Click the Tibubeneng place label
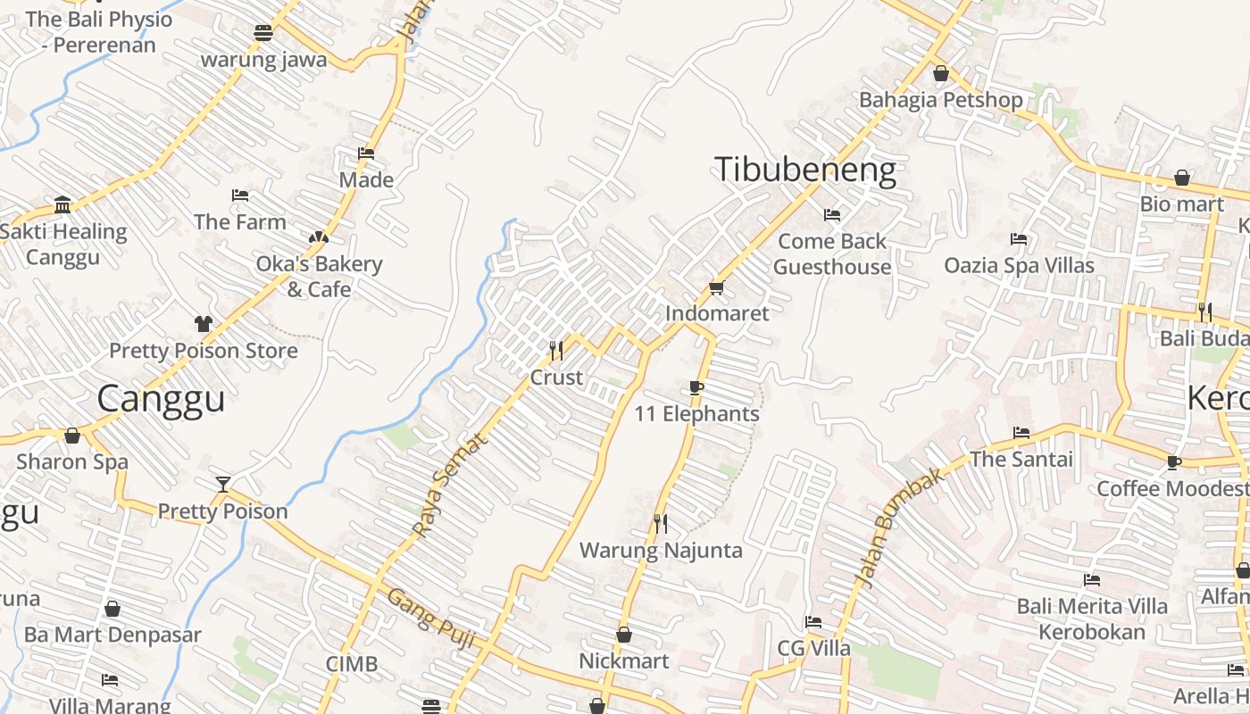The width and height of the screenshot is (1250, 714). (x=805, y=170)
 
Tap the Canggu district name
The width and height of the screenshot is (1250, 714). (x=161, y=398)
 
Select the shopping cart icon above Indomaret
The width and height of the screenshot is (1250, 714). (x=715, y=287)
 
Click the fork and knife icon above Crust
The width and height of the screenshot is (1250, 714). (x=556, y=350)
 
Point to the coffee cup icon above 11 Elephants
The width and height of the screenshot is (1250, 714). (x=696, y=387)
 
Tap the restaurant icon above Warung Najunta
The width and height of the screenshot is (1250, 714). (x=661, y=524)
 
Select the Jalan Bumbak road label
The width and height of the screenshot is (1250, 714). (x=900, y=527)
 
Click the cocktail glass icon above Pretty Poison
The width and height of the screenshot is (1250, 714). (x=223, y=485)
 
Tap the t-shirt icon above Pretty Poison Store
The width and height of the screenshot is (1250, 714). (x=204, y=323)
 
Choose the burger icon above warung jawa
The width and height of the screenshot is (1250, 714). (x=263, y=33)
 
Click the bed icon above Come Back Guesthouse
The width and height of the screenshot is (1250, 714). (x=832, y=215)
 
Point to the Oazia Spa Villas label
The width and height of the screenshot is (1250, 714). (x=1019, y=265)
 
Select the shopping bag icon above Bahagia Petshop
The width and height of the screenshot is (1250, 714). (x=940, y=73)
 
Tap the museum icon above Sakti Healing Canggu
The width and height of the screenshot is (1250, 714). (x=62, y=205)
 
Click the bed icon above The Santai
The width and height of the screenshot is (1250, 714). (x=1021, y=433)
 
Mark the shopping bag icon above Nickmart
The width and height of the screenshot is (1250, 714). (x=624, y=635)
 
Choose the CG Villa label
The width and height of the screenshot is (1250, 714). (x=813, y=648)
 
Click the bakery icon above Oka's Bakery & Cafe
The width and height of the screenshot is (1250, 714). (x=318, y=237)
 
